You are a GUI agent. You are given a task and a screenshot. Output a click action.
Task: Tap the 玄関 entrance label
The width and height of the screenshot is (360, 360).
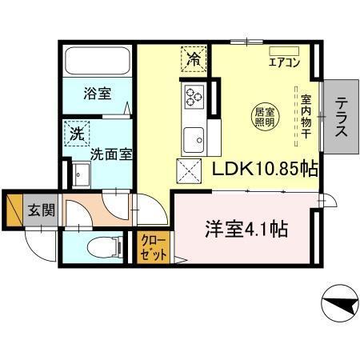click(x=42, y=212)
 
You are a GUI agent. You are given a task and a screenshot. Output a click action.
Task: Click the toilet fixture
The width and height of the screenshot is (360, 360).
click(x=95, y=247)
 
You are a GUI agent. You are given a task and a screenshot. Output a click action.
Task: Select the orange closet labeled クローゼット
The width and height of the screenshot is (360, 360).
click(x=154, y=247)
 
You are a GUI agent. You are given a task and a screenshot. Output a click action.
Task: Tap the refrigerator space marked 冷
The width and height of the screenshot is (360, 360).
click(x=194, y=58)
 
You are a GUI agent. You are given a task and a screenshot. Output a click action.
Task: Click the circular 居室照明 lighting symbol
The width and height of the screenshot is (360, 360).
click(x=266, y=117)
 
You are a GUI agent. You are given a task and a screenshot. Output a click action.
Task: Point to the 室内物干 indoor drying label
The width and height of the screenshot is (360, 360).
click(x=306, y=117)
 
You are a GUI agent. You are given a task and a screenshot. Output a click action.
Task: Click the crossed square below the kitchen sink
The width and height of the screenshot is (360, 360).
click(x=188, y=170)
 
